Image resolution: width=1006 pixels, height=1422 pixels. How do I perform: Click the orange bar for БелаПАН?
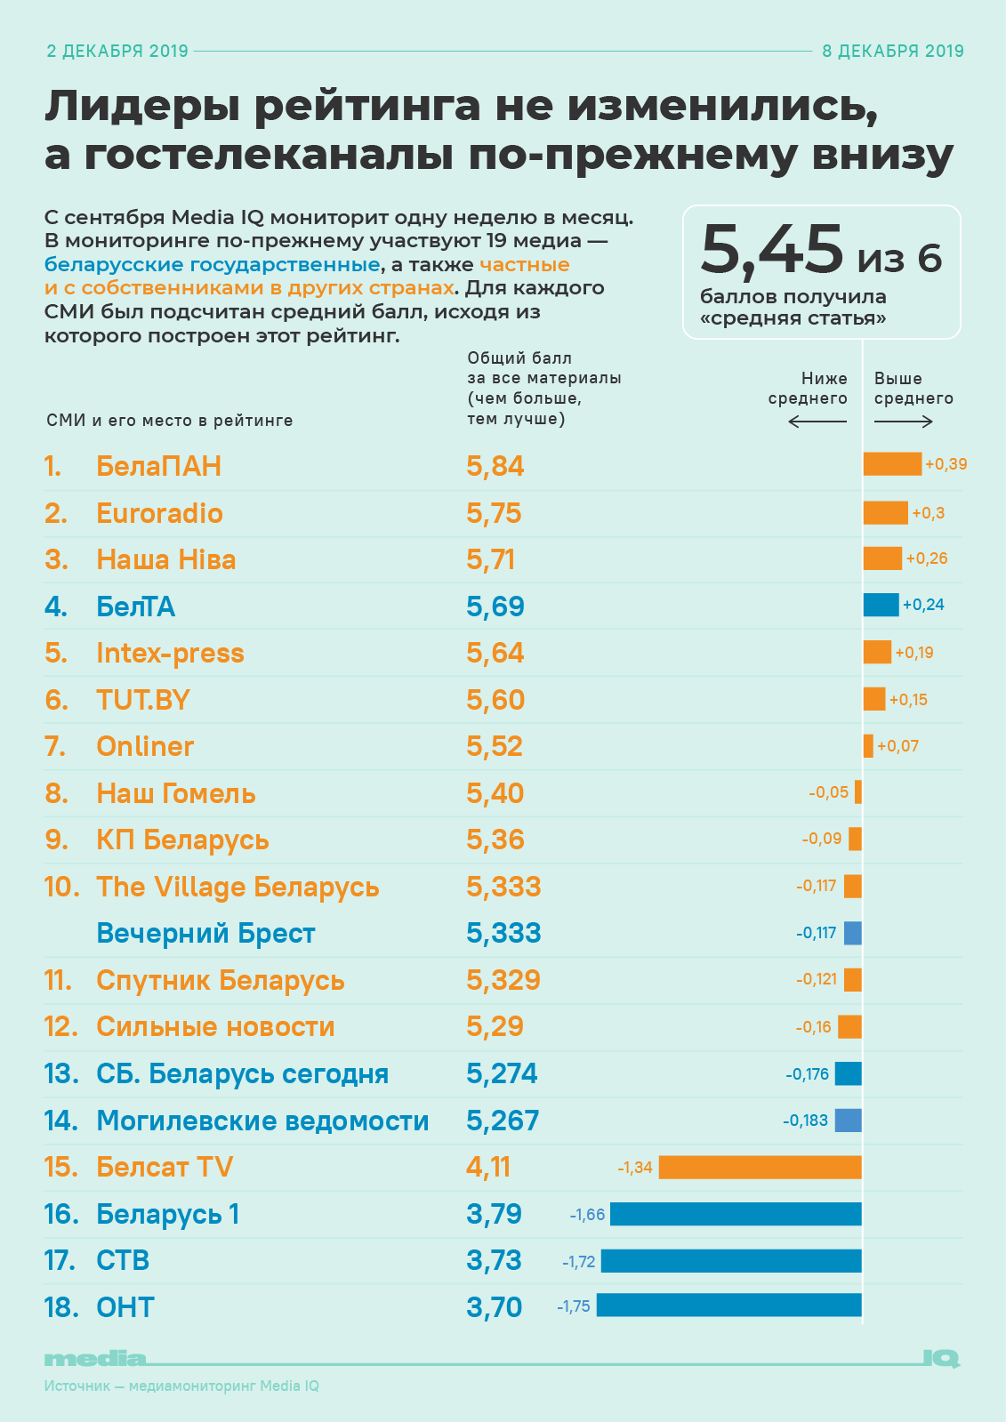[x=892, y=464]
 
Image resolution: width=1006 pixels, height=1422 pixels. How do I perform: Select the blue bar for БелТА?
[x=881, y=605]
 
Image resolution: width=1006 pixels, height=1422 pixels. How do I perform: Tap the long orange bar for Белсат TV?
[x=760, y=1167]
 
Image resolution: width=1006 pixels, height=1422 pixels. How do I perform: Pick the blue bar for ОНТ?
[x=728, y=1306]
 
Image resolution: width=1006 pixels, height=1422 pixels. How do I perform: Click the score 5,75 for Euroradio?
[x=494, y=513]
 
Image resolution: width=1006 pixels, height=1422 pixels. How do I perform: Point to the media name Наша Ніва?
[x=165, y=559]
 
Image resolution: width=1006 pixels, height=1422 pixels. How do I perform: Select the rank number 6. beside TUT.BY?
[x=56, y=700]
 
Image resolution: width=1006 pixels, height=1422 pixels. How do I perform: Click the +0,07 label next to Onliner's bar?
[x=897, y=746]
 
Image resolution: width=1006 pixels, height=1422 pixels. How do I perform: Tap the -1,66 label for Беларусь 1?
[x=587, y=1215]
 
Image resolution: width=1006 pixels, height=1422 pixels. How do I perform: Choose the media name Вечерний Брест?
[x=205, y=934]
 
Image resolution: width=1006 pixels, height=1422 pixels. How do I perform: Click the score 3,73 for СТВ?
[x=494, y=1260]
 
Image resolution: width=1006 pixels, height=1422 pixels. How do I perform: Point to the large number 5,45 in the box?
[x=771, y=250]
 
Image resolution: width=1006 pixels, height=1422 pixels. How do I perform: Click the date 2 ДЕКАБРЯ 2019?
[x=117, y=52]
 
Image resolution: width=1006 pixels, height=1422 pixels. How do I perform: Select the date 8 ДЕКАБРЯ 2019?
[x=892, y=52]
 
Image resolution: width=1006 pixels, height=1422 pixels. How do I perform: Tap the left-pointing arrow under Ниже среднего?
[x=817, y=422]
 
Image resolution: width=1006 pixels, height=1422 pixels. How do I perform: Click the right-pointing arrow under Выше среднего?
[x=904, y=422]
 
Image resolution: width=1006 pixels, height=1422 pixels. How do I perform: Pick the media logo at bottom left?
[x=94, y=1359]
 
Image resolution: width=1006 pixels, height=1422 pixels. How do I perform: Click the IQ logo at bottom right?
[x=940, y=1358]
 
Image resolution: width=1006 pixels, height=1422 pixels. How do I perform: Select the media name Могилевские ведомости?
[x=262, y=1121]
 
